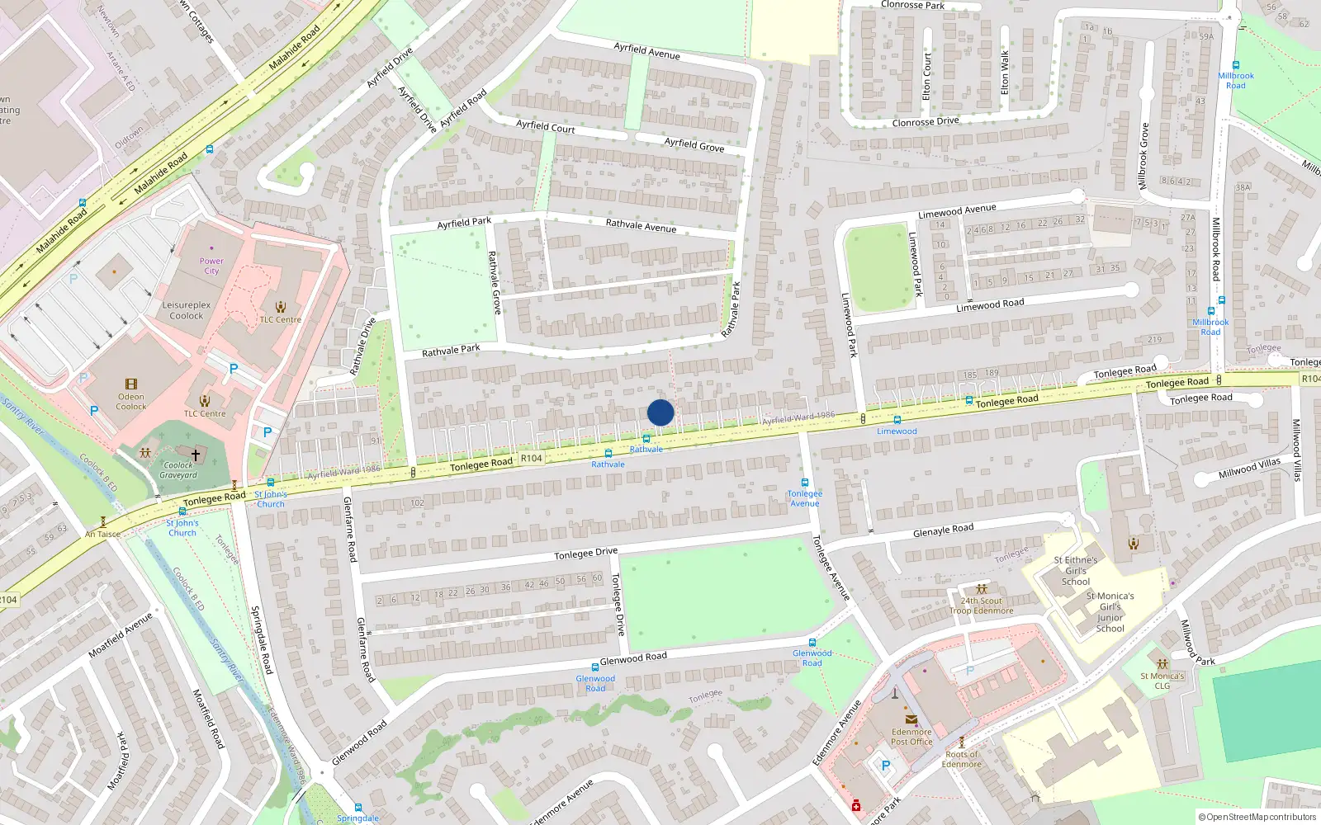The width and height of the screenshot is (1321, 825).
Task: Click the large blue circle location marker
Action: tap(660, 412)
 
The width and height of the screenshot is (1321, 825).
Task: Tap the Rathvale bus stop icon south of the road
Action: tap(608, 454)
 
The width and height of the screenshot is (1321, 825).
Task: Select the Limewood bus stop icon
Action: tap(897, 421)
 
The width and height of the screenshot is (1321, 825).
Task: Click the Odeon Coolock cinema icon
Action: tap(131, 384)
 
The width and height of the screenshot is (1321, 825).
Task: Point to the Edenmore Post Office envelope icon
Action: tap(911, 719)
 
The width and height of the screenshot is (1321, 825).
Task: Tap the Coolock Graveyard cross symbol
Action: tap(196, 455)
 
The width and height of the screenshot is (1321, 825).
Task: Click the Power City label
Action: tap(211, 266)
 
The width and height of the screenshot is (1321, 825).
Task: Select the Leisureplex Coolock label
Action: tap(187, 310)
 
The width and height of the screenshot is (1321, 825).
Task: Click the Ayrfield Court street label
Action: tap(545, 127)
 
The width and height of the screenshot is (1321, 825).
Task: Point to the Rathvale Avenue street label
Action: tap(641, 225)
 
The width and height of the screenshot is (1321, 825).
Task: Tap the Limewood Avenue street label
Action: tap(957, 211)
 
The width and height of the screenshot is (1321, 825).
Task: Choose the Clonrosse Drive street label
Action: tap(926, 122)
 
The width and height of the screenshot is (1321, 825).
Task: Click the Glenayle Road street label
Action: tap(943, 530)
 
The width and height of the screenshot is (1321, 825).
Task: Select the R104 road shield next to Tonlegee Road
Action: tap(532, 459)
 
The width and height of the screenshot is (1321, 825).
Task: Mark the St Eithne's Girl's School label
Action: tap(1076, 570)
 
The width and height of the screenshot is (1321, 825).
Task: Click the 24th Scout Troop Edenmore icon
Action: tap(982, 589)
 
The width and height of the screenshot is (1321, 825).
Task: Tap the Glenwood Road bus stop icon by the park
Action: tap(812, 643)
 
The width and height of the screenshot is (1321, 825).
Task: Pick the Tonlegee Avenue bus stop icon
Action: tap(805, 483)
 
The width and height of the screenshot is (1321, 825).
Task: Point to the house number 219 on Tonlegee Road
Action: tap(1154, 340)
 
